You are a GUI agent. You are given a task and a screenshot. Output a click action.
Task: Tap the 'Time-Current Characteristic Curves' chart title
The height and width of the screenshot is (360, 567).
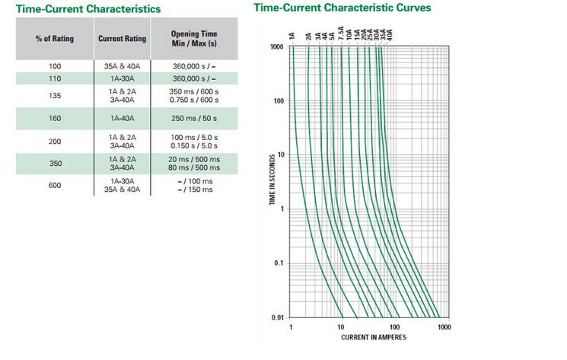point(342,8)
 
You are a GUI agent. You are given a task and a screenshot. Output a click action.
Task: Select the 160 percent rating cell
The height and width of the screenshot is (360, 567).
point(55,119)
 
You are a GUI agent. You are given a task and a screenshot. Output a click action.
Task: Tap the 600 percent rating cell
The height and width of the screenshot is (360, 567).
point(55,185)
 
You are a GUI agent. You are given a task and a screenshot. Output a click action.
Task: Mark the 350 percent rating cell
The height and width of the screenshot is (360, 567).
point(55,163)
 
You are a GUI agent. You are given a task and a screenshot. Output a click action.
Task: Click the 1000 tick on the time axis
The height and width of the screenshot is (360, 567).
point(277,47)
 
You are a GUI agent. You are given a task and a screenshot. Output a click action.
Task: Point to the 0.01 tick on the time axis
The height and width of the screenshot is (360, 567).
point(279,317)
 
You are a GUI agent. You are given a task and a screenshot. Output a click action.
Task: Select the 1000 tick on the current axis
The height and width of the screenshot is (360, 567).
point(444,327)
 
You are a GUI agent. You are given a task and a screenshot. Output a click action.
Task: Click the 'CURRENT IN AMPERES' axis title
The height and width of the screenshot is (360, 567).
point(368,336)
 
